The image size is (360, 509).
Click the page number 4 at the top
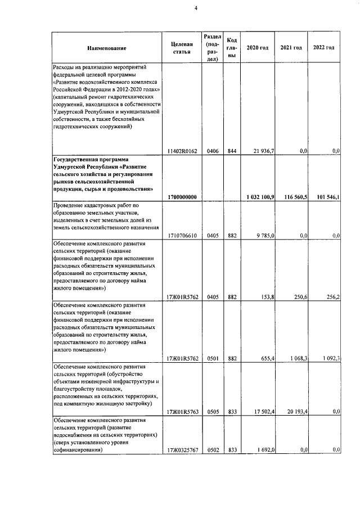pos(180,7)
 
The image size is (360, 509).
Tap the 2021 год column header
pos(291,48)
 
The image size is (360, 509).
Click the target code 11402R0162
pos(182,151)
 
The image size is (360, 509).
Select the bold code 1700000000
pos(182,196)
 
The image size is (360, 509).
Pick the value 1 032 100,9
pos(260,196)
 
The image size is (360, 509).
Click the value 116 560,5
pos(294,196)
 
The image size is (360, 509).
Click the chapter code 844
pos(232,151)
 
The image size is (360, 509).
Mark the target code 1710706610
pos(182,236)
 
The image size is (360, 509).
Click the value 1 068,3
pos(296,357)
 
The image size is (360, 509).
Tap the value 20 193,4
pos(295,411)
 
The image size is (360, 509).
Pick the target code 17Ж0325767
pos(182,449)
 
